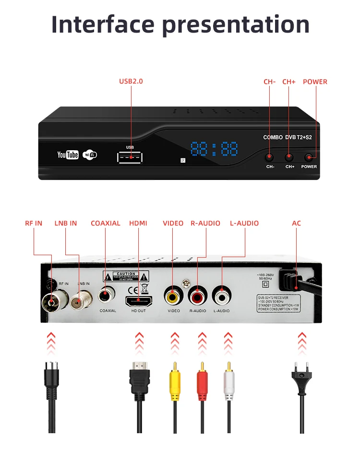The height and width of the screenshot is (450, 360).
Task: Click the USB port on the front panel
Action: coord(130,157)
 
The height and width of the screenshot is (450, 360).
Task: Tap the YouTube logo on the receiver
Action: coord(68,154)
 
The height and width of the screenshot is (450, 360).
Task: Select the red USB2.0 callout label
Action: coord(131,81)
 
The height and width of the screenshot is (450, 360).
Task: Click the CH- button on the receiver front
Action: coord(270,157)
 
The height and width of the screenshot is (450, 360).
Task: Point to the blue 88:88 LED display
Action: coord(214,149)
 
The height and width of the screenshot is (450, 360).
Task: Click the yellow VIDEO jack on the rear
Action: coord(173,296)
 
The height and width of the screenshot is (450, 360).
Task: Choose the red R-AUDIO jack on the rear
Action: coord(197,296)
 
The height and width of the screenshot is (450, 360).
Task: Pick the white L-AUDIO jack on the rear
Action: coord(222,296)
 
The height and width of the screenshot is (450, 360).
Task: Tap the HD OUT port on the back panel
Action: coord(138,301)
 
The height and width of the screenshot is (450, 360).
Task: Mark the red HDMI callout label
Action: coord(138,223)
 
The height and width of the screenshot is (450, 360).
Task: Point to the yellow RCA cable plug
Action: coord(174,379)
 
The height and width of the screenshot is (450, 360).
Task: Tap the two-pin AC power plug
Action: coord(302,379)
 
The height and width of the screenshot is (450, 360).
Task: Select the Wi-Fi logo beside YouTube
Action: coord(90,154)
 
